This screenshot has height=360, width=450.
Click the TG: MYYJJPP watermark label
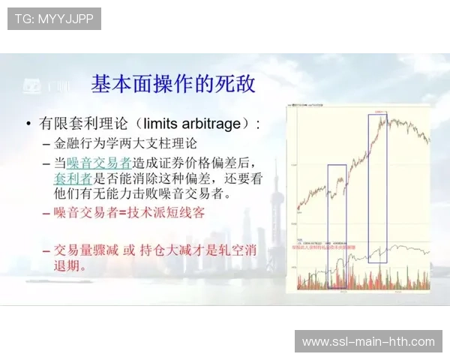[x=54, y=19]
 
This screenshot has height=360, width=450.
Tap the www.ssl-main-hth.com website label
[x=368, y=342]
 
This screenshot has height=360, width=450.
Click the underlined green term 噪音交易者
[x=99, y=163]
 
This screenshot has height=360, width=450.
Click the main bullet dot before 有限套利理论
[x=28, y=124]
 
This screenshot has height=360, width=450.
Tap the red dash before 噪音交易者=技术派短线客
[x=46, y=214]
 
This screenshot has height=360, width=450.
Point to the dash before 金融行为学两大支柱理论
[x=46, y=144]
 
